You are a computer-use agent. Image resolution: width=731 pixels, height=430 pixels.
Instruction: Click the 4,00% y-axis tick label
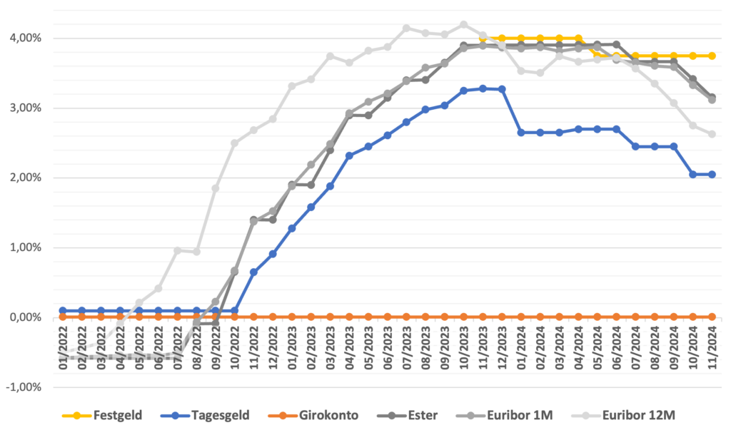coord(26,38)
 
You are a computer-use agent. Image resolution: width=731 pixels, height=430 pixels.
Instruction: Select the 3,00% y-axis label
coord(26,108)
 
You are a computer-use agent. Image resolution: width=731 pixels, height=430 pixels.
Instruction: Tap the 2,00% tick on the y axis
coord(26,178)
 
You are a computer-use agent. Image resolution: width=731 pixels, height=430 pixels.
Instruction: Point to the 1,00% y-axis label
coord(26,247)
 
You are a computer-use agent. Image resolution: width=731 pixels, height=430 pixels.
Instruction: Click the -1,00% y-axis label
coord(24,387)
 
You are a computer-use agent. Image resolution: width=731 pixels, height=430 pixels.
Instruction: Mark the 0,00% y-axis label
coord(26,317)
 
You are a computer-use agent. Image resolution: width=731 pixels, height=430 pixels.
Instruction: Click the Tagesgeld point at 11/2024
coord(712,174)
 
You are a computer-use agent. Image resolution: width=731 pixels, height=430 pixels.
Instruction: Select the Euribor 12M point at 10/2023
coord(464,24)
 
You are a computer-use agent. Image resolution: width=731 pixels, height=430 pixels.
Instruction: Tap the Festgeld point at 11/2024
coord(712,56)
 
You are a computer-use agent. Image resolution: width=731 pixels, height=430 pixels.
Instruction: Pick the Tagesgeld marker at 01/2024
coord(521,133)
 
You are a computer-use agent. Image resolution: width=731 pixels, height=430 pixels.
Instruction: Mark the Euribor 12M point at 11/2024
coord(712,134)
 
